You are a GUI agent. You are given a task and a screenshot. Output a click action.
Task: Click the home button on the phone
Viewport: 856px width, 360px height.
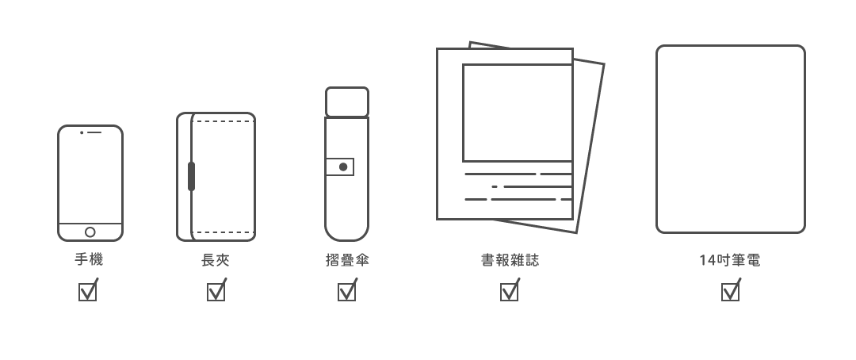(90, 232)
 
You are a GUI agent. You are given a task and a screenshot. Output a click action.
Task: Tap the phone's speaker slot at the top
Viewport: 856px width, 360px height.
(94, 132)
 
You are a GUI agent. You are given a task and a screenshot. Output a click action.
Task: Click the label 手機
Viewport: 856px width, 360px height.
(89, 260)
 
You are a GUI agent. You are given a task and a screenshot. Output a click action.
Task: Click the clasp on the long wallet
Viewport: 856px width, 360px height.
(191, 176)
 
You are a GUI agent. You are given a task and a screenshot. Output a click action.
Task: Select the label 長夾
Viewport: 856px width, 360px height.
(216, 260)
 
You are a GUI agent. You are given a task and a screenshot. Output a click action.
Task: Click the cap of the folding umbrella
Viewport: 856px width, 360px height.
(346, 101)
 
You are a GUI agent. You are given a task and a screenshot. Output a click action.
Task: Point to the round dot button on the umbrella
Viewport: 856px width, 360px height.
(343, 167)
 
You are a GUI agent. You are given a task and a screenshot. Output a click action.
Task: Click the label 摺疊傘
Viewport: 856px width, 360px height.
(347, 260)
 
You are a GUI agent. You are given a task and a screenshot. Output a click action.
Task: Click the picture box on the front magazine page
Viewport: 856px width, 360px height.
(517, 113)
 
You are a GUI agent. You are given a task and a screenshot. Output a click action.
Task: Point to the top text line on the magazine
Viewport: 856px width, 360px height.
(517, 174)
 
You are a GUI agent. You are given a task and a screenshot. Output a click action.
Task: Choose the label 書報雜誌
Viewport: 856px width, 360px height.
(510, 260)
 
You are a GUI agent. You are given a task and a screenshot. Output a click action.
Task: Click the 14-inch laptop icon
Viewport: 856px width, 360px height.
(730, 139)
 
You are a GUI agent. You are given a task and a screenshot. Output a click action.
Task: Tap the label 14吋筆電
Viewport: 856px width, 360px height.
(730, 260)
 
